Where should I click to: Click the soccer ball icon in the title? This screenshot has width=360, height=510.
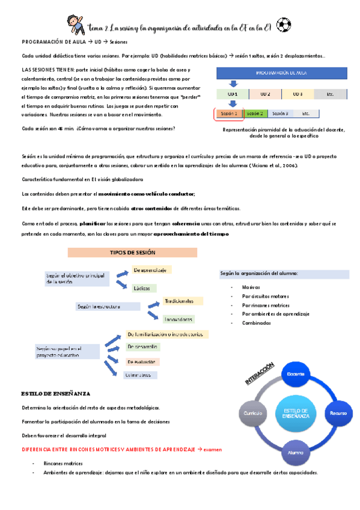tap(284, 25)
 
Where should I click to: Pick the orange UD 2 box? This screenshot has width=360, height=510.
tap(265, 94)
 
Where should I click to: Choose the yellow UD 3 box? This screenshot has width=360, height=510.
tap(297, 94)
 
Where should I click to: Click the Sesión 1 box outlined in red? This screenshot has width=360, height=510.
tap(229, 113)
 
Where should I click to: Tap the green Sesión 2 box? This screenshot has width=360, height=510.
tap(255, 113)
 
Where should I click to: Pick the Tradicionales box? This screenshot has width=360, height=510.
tap(183, 301)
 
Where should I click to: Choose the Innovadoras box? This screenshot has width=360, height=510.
tap(178, 319)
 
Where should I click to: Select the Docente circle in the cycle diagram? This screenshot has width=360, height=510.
tap(296, 374)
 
